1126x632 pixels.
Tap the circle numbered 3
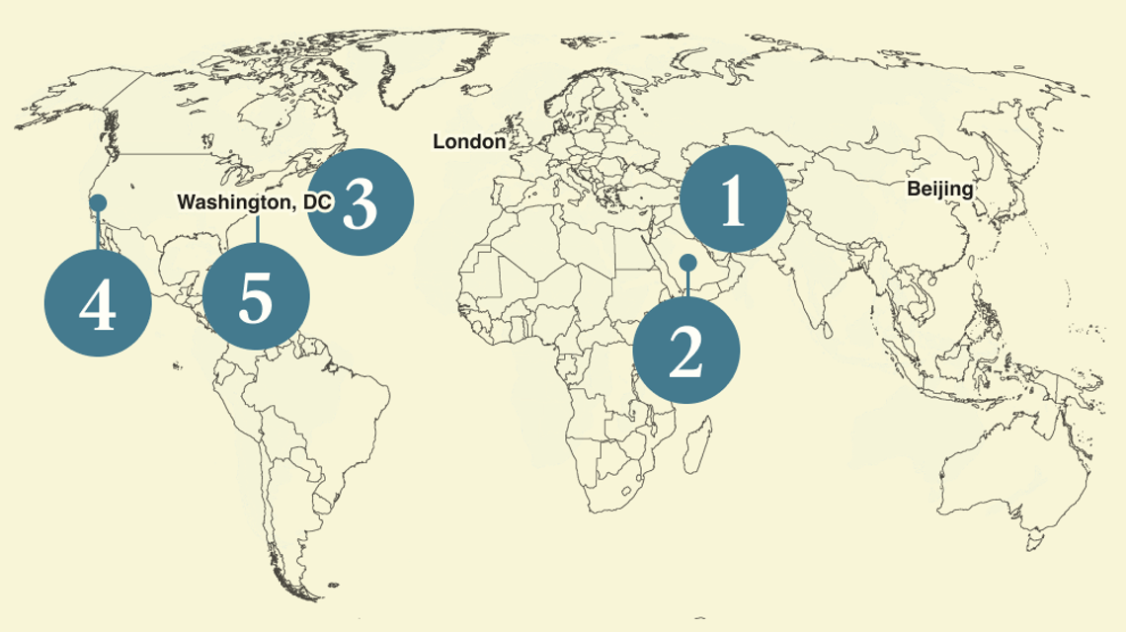click(x=360, y=201)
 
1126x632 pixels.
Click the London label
click(x=469, y=142)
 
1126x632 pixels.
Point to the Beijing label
click(x=940, y=189)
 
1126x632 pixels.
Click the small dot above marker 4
click(x=98, y=202)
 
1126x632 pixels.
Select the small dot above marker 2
click(x=687, y=263)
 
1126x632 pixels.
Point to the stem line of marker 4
click(x=98, y=229)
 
